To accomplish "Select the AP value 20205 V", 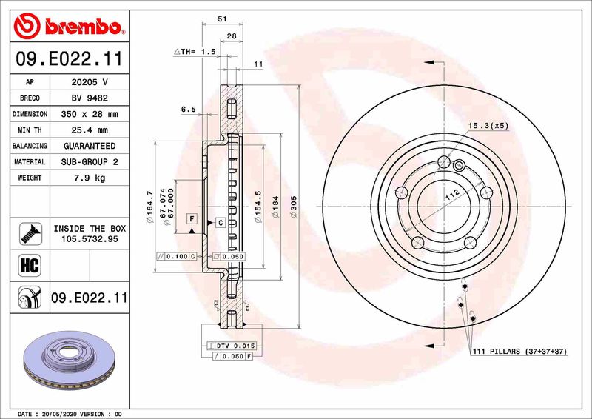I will click(90, 82).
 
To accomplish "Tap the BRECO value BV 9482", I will click(90, 98).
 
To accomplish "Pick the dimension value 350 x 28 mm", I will click(90, 115).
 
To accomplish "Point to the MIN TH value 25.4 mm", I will click(90, 130).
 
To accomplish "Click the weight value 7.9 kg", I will click(90, 178).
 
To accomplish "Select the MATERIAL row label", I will click(30, 161).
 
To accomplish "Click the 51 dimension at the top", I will click(221, 20).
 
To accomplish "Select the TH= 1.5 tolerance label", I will click(195, 51).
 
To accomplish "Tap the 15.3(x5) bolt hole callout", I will click(489, 127).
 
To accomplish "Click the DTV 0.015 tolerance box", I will click(236, 346).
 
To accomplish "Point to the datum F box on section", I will click(192, 219).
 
